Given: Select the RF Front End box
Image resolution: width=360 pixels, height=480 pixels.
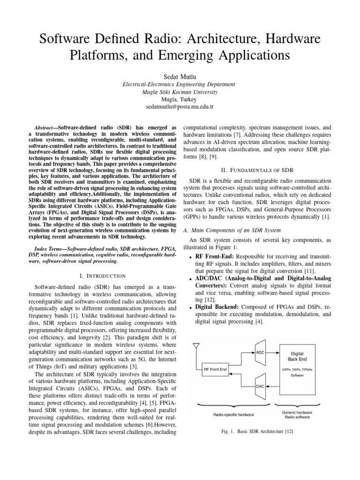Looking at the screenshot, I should click(216, 369).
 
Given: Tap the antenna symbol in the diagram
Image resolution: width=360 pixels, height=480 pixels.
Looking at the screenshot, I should click(196, 346).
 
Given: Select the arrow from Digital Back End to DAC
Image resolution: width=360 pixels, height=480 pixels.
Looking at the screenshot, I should click(272, 387).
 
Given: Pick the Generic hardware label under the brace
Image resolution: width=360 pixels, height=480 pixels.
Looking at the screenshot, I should click(298, 412).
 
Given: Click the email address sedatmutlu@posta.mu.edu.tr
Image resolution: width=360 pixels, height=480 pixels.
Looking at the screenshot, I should click(180, 107).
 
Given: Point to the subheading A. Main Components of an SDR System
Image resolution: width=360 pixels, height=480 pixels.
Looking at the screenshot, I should click(232, 230).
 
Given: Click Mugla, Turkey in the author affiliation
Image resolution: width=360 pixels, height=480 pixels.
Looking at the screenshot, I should click(180, 99).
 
